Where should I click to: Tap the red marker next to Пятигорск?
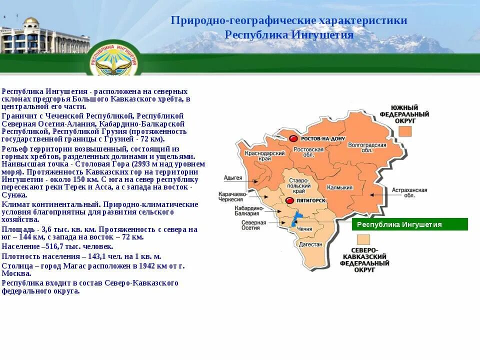click(x=289, y=200)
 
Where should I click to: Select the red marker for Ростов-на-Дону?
click(x=293, y=138)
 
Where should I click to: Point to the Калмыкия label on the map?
click(x=339, y=187)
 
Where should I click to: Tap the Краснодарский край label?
click(x=258, y=156)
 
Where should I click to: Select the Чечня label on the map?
click(x=304, y=228)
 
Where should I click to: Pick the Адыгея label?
click(x=233, y=178)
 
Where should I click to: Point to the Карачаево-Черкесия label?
click(x=233, y=195)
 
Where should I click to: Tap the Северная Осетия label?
click(x=250, y=225)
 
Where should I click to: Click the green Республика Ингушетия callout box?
click(x=409, y=224)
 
